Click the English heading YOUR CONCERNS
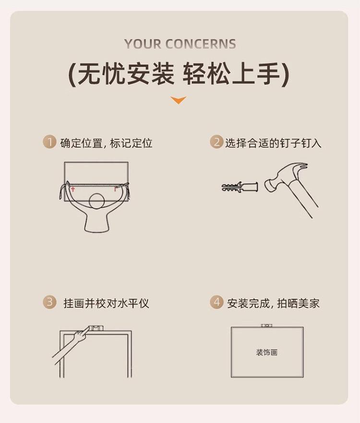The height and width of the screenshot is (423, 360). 180,44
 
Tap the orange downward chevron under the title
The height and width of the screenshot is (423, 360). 179,100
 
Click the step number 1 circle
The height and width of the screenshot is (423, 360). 49,142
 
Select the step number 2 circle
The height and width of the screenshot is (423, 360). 216,142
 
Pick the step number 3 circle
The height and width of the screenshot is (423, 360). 49,302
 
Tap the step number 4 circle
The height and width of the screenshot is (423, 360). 216,302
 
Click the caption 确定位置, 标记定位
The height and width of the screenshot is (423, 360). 106,143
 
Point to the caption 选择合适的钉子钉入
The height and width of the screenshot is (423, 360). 274,143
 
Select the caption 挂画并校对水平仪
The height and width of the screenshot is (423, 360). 106,303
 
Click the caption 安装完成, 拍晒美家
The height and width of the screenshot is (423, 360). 273,303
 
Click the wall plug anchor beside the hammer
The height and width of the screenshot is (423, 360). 240,187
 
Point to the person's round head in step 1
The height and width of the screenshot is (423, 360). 97,201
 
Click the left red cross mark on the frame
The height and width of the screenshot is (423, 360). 73,189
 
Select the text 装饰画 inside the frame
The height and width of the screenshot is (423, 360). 267,352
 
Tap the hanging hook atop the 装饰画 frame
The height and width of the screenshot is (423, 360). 266,326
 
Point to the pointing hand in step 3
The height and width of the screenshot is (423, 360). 80,335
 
